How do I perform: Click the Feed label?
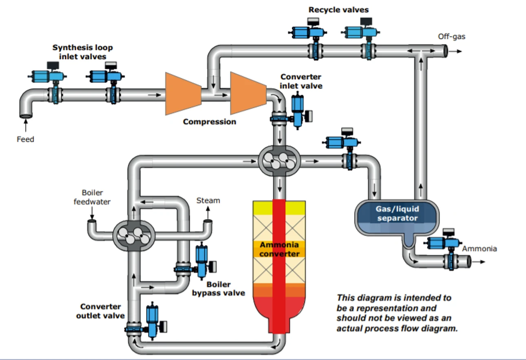click(x=25, y=139)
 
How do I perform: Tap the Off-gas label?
click(x=451, y=37)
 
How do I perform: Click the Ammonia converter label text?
click(x=279, y=249)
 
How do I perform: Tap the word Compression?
click(x=210, y=121)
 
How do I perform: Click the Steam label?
click(x=208, y=201)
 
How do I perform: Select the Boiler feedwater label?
click(x=92, y=197)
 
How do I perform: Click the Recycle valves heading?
click(x=338, y=10)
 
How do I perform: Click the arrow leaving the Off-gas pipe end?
click(x=455, y=51)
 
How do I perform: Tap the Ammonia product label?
click(x=479, y=249)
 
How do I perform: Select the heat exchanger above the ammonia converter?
click(x=279, y=161)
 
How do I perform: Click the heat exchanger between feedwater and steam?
click(x=134, y=236)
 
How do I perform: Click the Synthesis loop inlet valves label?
click(x=82, y=52)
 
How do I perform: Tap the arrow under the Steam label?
click(x=208, y=213)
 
